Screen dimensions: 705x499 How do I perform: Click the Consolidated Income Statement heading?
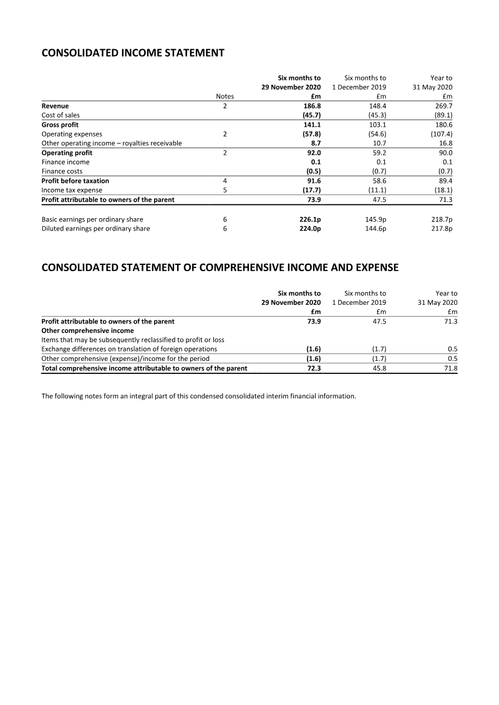132,53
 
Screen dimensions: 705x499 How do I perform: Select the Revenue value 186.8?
312,106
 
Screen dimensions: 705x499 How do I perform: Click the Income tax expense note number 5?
225,190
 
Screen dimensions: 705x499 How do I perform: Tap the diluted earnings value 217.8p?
440,229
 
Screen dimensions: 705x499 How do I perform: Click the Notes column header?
225,97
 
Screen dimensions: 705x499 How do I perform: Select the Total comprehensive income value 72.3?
312,368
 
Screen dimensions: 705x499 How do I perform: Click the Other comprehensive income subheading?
87,330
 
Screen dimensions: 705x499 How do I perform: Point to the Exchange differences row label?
129,349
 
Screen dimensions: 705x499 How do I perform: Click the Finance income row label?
65,162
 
